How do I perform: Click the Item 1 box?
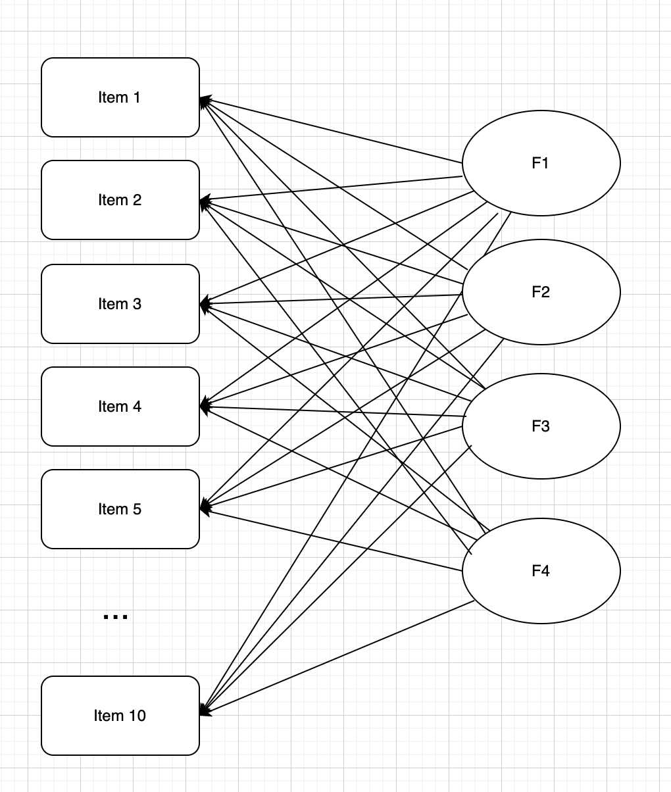tap(120, 97)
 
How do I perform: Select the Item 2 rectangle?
tap(120, 200)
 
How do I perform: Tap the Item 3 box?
tap(120, 304)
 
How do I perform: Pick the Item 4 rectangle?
tap(120, 407)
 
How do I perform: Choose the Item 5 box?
tap(120, 509)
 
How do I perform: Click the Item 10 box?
tap(120, 716)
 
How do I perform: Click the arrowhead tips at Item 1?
tap(205, 101)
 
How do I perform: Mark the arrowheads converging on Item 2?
tap(205, 201)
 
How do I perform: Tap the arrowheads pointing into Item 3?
tap(205, 305)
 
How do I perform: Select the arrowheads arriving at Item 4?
tap(205, 407)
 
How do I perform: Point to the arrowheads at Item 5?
tap(205, 508)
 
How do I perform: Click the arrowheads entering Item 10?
tap(205, 711)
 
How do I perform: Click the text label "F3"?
tap(540, 426)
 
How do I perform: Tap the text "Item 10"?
tap(120, 716)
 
